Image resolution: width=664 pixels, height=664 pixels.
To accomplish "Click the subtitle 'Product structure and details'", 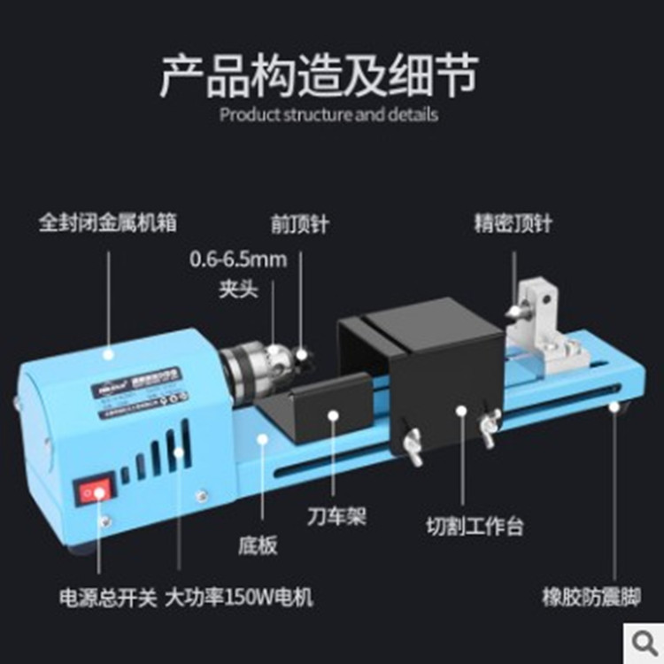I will coord(328,114).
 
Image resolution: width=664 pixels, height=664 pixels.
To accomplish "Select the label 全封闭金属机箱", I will coord(108,222).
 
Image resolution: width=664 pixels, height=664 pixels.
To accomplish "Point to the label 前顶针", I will coord(299,223).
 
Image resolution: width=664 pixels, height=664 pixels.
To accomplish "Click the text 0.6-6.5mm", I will coord(239,259).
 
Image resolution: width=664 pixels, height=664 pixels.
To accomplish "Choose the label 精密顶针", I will coord(513,222).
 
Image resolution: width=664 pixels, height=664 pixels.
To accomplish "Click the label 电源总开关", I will coord(95,597).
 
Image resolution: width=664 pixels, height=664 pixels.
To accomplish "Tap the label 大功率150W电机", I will coord(239,597).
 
